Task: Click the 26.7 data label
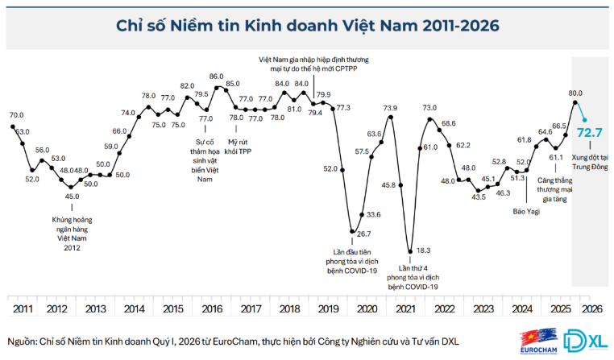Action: pyautogui.click(x=363, y=234)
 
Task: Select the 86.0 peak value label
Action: pyautogui.click(x=216, y=77)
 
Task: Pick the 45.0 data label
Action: pyautogui.click(x=73, y=196)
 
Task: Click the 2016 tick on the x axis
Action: pyautogui.click(x=212, y=308)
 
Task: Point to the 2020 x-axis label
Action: pyautogui.click(x=366, y=308)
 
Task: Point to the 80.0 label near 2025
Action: pyautogui.click(x=575, y=93)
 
